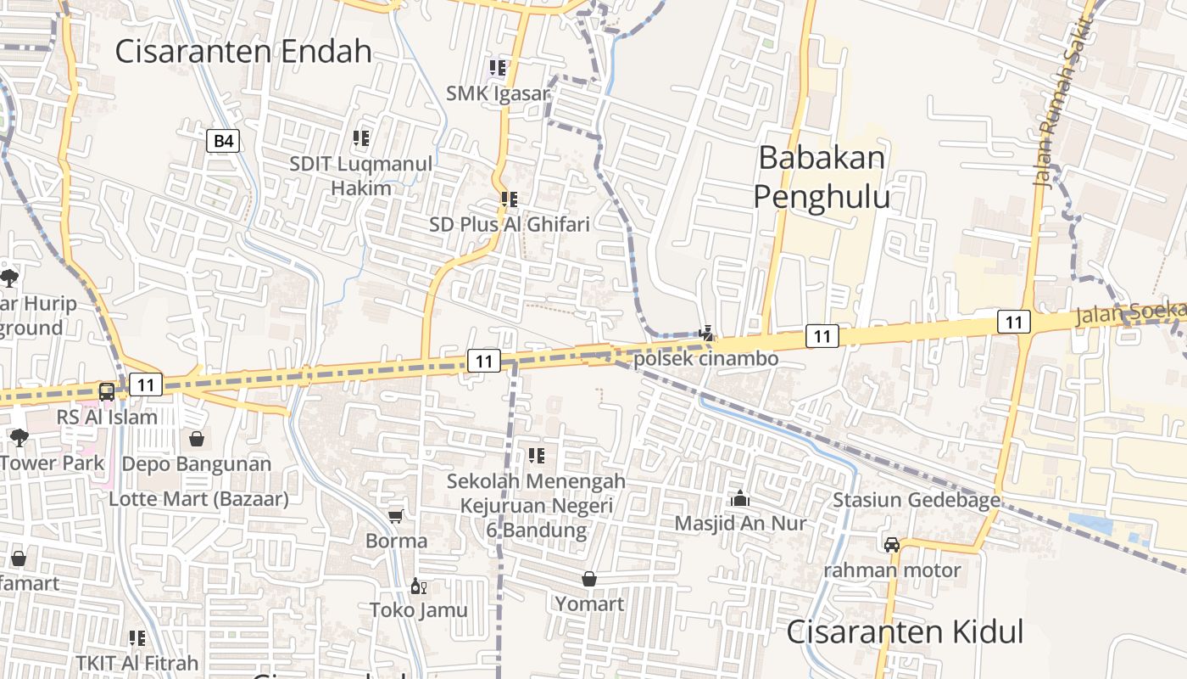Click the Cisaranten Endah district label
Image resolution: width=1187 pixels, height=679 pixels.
coord(243,52)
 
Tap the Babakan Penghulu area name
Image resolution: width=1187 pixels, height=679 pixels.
coord(822,177)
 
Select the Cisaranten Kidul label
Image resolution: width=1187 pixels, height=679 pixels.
coord(905,632)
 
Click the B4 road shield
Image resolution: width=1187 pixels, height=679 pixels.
coord(223,140)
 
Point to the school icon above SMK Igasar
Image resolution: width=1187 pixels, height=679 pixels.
coord(498,67)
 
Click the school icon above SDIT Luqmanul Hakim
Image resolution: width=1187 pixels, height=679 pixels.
coord(361,137)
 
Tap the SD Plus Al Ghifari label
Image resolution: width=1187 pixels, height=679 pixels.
coord(509,224)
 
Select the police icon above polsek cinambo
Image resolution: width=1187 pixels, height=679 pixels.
coord(705,333)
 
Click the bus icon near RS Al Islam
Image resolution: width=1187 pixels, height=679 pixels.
coord(107,391)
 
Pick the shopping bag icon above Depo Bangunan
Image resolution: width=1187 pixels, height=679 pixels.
coord(197,439)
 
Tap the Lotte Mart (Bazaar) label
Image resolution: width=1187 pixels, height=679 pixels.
coord(198,499)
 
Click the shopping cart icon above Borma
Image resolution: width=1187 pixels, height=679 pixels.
coord(396,516)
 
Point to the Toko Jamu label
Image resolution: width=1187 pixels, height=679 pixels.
coord(418,609)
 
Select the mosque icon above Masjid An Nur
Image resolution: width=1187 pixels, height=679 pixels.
coord(740,498)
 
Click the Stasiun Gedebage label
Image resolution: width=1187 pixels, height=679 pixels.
coord(917,500)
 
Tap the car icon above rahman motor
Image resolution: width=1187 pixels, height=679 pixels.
coord(892,545)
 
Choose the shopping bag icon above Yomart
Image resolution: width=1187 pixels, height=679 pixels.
coord(589,579)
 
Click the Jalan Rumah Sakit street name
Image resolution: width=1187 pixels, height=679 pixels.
coord(1061,93)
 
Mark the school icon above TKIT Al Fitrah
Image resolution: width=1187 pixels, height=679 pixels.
coord(137,637)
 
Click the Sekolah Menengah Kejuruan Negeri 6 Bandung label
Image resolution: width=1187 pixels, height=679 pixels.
coord(536,506)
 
